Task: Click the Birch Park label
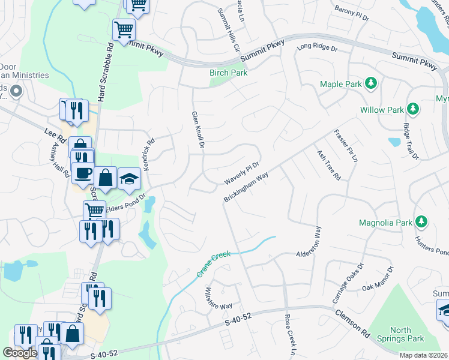coord(228,73)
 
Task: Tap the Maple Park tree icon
coord(372,84)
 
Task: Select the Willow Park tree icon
coord(412,109)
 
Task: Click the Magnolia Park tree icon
coord(421,222)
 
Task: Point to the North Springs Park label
coord(393,334)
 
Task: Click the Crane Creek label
coord(214,263)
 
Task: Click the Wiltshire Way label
coord(218,298)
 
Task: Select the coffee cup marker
coord(83,173)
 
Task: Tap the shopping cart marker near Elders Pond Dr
coord(94,210)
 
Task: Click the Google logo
coord(20,353)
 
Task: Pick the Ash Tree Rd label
coord(328,165)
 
